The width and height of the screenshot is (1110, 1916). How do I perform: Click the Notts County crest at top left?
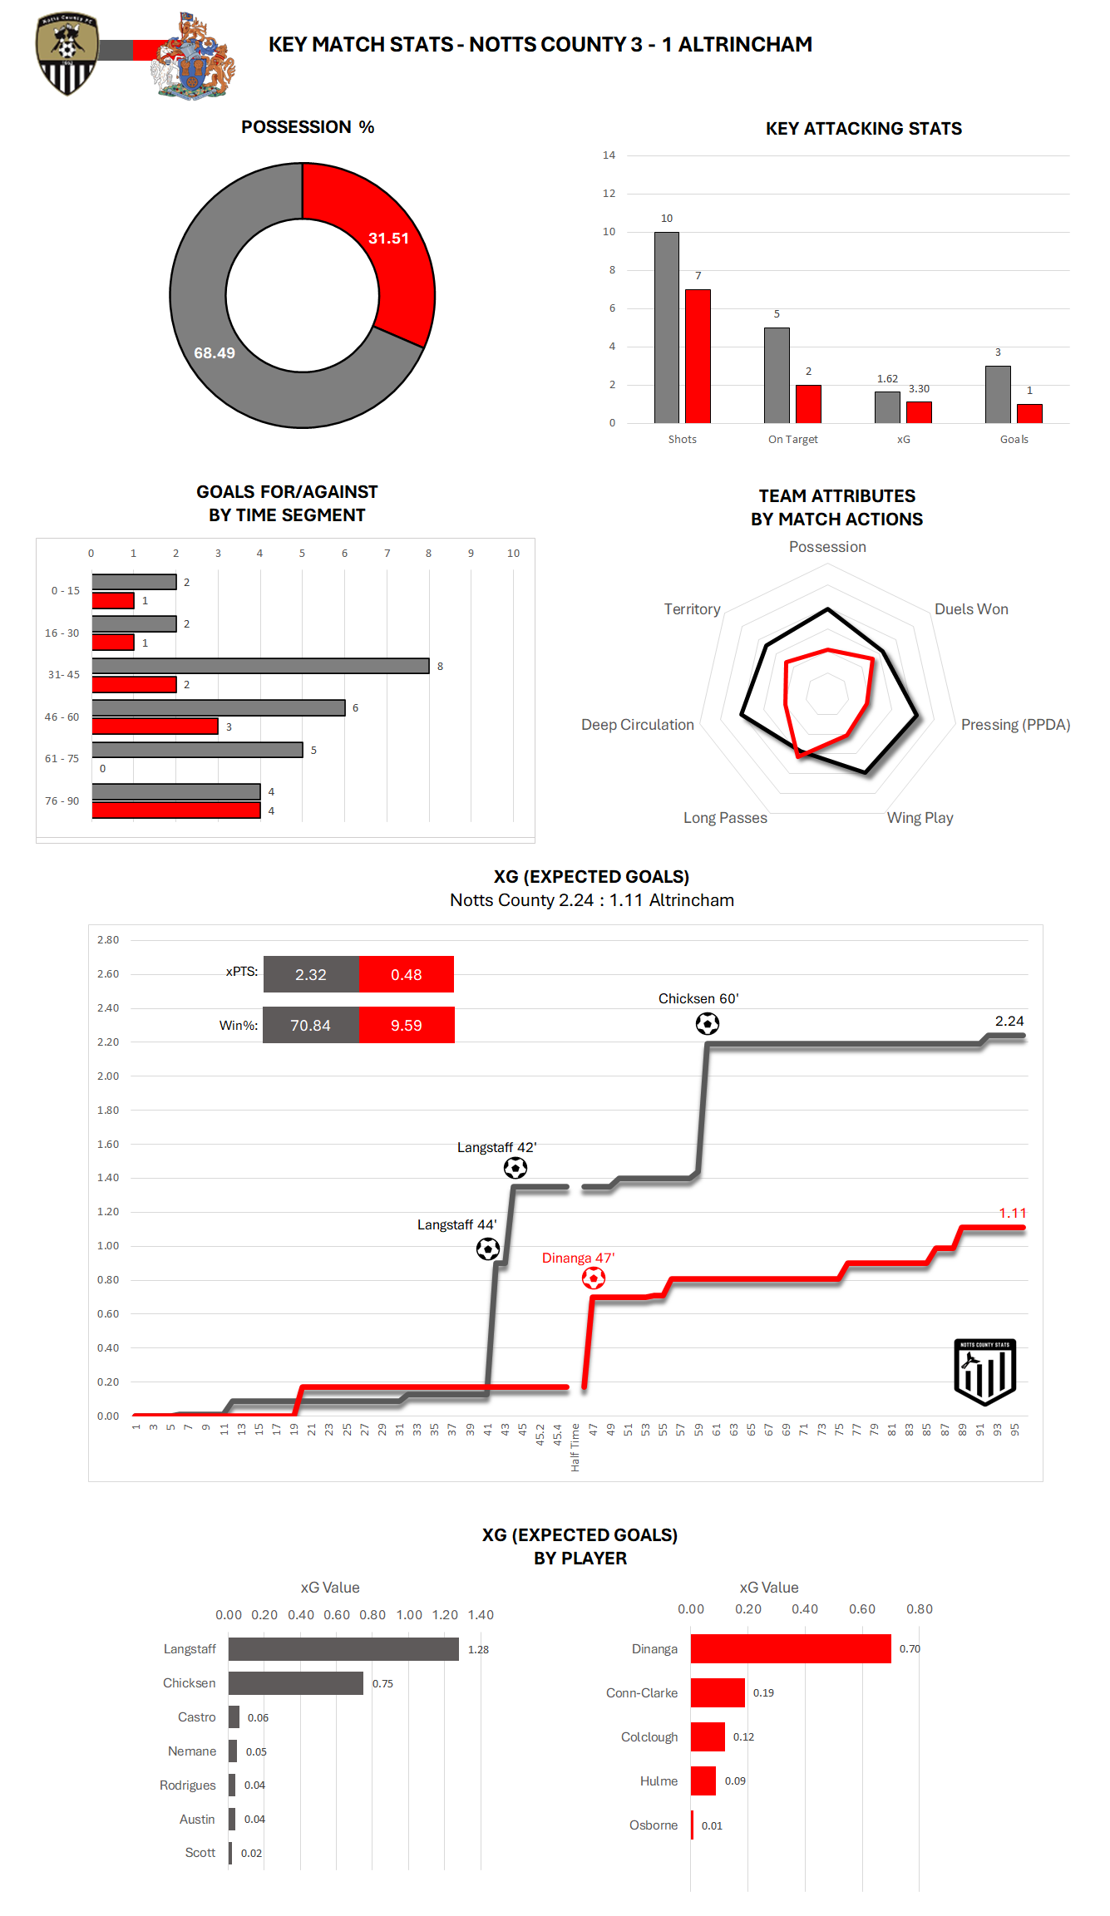click(x=67, y=53)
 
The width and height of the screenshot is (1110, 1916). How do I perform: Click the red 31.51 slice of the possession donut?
click(x=387, y=249)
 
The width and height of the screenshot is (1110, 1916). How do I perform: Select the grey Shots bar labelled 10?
click(x=666, y=328)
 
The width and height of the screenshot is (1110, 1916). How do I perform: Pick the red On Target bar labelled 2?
click(x=807, y=404)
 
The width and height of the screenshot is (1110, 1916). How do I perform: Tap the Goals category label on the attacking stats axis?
click(x=1014, y=440)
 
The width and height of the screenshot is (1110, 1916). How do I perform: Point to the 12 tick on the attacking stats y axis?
click(x=609, y=194)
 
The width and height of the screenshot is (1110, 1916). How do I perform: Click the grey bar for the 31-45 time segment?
click(x=260, y=666)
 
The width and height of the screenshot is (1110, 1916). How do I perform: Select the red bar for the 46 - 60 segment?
click(x=155, y=727)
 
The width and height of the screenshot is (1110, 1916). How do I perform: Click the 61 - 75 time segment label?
click(x=62, y=759)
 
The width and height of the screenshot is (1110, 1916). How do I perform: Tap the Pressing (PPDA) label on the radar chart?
click(x=1015, y=725)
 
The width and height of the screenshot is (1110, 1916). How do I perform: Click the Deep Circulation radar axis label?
click(x=637, y=725)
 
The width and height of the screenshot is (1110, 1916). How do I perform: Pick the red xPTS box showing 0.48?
click(x=406, y=974)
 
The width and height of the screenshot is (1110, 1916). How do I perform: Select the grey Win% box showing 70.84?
click(x=310, y=1025)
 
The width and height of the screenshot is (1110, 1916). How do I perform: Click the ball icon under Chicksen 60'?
click(x=707, y=1023)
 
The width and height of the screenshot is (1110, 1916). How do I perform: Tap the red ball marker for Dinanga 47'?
click(x=593, y=1278)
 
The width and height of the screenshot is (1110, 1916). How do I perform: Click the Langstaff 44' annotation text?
click(x=456, y=1225)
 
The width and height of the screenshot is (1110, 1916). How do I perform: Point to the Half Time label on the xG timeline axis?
click(x=575, y=1447)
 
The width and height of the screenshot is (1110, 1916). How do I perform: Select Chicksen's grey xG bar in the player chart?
click(x=295, y=1683)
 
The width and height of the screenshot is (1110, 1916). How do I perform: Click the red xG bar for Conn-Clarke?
click(x=718, y=1692)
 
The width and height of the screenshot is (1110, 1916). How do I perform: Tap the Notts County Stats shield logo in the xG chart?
click(x=984, y=1372)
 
